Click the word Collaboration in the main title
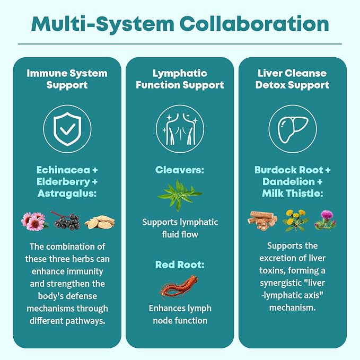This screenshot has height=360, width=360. click(254, 24)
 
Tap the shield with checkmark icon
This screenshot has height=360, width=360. click(67, 129)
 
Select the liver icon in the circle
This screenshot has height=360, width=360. click(293, 129)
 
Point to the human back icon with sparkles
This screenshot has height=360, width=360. click(180, 129)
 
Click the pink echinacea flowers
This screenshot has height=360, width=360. click(34, 221)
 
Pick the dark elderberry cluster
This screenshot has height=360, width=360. click(67, 221)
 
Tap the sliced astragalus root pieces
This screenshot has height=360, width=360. click(100, 222)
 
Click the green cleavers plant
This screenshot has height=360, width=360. click(180, 196)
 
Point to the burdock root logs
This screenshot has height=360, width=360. click(262, 221)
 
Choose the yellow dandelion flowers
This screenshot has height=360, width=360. click(295, 220)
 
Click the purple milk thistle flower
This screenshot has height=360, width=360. click(326, 220)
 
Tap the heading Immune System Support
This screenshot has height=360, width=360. click(67, 79)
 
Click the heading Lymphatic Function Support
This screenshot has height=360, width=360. click(180, 79)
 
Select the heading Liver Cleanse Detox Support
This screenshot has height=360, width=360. click(292, 79)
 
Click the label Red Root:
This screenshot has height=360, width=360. click(180, 265)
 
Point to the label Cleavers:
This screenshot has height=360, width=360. click(180, 170)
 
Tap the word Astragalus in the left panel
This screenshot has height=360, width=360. click(66, 194)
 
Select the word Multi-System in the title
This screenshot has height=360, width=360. click(102, 24)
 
